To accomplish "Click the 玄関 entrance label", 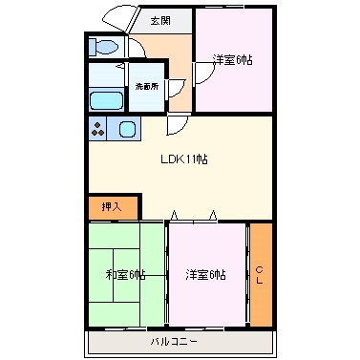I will (160, 19).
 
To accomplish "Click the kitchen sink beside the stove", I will (127, 129).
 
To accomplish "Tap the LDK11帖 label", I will (183, 159).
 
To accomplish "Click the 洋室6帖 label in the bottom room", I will (205, 275).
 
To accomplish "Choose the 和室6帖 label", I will (126, 275).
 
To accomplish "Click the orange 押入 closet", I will (112, 205).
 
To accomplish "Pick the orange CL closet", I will (260, 275).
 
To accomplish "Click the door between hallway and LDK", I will (178, 125).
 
